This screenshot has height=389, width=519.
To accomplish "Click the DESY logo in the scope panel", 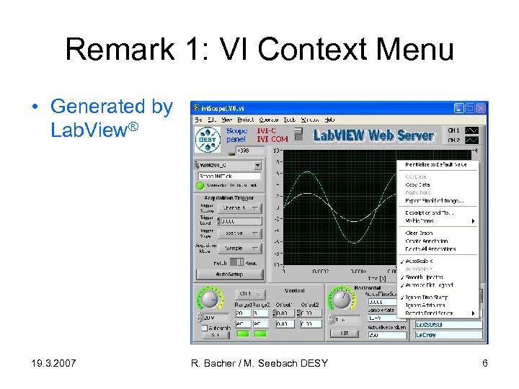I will click(209, 138).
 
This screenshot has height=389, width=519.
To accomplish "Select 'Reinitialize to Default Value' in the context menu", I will click(435, 164).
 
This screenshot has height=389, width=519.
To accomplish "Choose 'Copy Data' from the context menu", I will click(418, 184).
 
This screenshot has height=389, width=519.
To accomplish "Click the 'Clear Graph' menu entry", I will click(419, 233).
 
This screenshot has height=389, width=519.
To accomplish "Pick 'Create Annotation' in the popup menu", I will click(426, 241).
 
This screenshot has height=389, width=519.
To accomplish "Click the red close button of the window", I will click(481, 108).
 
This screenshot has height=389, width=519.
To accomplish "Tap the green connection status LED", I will click(201, 185).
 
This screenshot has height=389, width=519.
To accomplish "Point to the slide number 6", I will click(485, 363).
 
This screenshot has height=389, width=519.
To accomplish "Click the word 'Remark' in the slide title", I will click(120, 50).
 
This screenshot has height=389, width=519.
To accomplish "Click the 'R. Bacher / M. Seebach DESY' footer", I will click(259, 363).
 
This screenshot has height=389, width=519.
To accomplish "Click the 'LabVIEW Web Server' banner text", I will click(373, 135).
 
